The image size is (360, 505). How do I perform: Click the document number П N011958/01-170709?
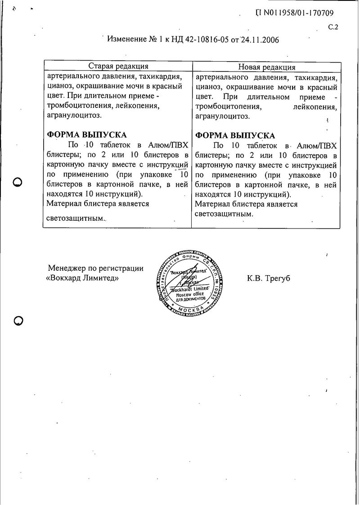[x=294, y=13]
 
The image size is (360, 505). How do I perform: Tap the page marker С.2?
[x=333, y=27]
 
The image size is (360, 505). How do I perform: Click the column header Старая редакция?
[x=118, y=67]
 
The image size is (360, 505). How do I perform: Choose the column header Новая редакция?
[x=266, y=67]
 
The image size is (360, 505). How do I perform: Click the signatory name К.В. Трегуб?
[x=269, y=278]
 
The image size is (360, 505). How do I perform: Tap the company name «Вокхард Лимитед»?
[x=82, y=278]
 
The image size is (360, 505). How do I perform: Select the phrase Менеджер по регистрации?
[x=96, y=268]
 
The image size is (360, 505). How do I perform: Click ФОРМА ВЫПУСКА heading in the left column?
[x=87, y=135]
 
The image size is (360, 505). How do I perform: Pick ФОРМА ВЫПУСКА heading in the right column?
[x=234, y=135]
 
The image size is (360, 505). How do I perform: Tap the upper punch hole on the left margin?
[x=18, y=182]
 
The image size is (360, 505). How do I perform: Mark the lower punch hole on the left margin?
[x=18, y=321]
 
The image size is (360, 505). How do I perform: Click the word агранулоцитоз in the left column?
[x=74, y=116]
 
